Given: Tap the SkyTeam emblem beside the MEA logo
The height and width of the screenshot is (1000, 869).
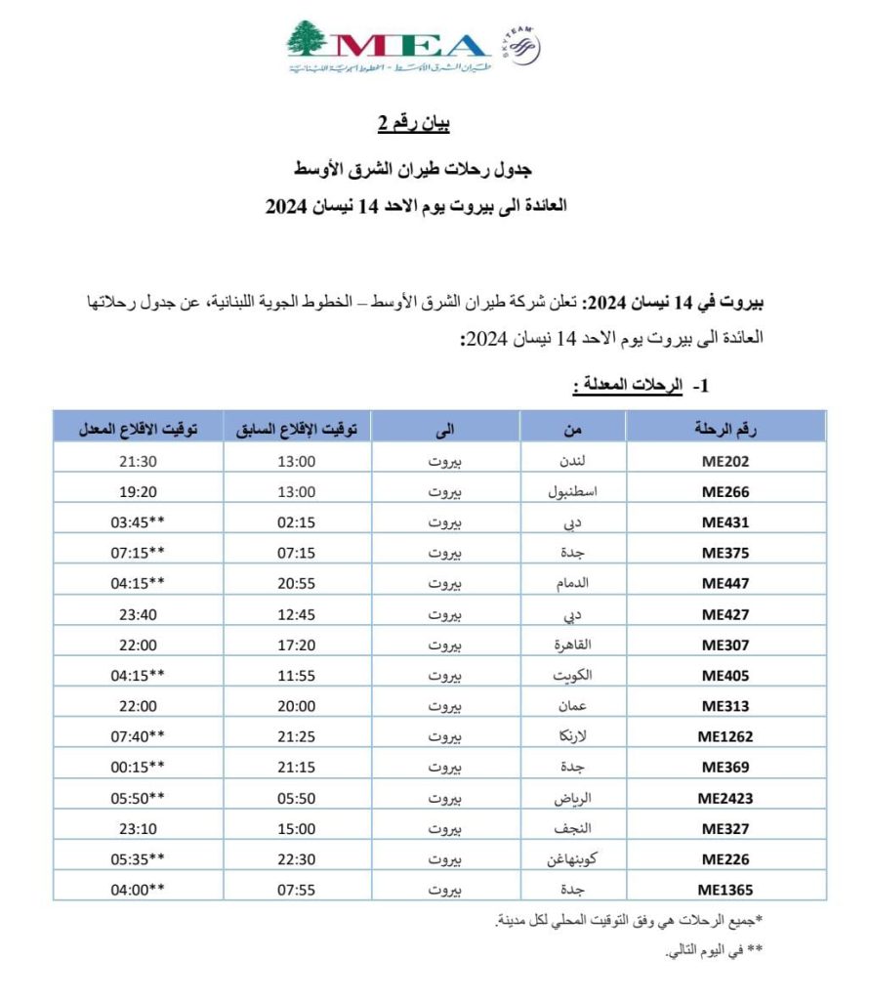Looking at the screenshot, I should pos(523,45).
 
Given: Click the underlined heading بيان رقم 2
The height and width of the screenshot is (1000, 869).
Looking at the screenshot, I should pos(413,124).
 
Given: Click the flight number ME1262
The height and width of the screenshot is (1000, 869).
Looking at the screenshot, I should pos(725,736).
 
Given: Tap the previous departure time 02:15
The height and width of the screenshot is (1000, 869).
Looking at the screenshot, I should pos(297,522).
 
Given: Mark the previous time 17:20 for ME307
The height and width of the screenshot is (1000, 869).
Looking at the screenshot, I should pos(297,645).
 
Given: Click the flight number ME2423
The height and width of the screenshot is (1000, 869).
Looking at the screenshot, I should pos(725,798).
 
